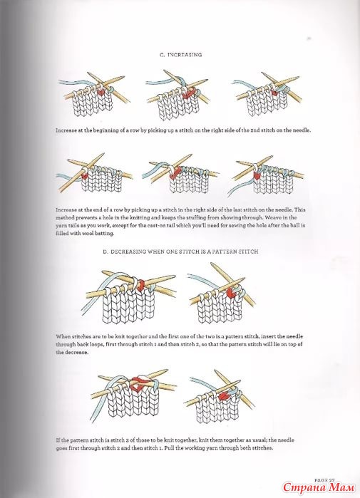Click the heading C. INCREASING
click(180, 55)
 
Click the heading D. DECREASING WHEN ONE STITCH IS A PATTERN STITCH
click(180, 251)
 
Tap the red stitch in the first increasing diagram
click(101, 92)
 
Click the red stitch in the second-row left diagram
click(85, 175)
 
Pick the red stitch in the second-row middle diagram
click(175, 173)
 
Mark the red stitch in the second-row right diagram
click(257, 175)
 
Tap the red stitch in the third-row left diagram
click(140, 284)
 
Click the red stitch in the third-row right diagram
click(230, 293)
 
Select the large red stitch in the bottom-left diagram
click(138, 384)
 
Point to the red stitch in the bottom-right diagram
click(224, 395)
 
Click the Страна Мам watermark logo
click(319, 487)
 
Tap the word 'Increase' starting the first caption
click(66, 130)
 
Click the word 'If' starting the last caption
click(58, 440)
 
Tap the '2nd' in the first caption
click(255, 130)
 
